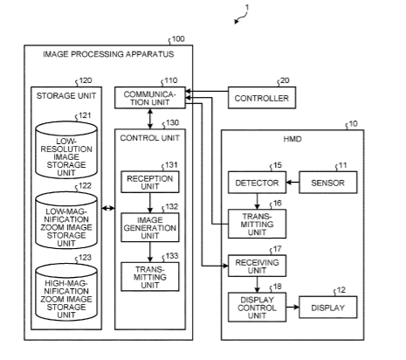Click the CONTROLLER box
[262, 98]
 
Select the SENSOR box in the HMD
[328, 183]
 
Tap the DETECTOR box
[257, 183]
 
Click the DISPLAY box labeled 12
[328, 307]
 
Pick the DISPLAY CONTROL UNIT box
[257, 307]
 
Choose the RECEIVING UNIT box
[257, 266]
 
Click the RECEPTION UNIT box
[150, 182]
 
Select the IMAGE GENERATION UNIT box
[150, 227]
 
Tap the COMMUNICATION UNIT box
[150, 98]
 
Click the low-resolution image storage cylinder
[66, 150]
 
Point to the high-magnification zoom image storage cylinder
[66, 292]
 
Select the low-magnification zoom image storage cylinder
[66, 220]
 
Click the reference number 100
[178, 39]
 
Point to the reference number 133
[172, 256]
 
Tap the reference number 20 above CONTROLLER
[285, 80]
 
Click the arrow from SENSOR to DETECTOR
[292, 183]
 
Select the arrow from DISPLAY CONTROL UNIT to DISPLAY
[292, 307]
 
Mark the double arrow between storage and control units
[108, 208]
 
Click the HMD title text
[292, 139]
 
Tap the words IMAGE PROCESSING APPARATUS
[108, 54]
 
